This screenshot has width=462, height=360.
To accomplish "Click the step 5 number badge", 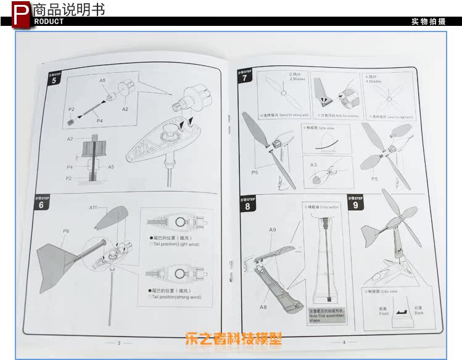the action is coord(54,80).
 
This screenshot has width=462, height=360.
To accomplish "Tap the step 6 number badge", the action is coord(41,204).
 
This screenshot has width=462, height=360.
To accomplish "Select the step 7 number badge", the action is coord(245,78).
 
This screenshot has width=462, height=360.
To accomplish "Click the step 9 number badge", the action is coord(356,205).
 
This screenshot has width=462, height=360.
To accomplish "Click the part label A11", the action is coord(93,208).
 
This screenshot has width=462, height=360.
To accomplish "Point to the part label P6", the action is coord(65,231).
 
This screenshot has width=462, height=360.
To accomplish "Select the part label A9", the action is coord(272,231).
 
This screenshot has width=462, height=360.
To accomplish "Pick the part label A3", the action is coord(313,165).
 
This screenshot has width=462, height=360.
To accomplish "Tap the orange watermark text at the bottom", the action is coord(233,338).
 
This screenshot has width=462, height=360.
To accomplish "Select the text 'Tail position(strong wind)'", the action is coord(176,297).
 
